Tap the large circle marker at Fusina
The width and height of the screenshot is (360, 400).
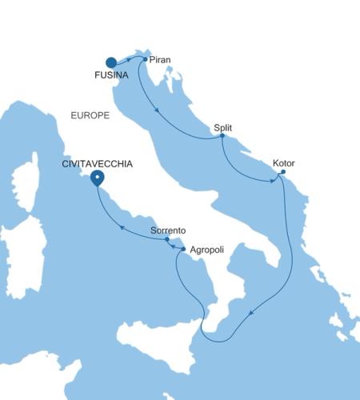pyautogui.click(x=111, y=62)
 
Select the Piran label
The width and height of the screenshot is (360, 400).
pyautogui.click(x=159, y=58)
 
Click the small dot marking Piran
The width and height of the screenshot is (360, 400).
pyautogui.click(x=145, y=58)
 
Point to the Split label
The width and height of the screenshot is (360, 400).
pyautogui.click(x=224, y=127)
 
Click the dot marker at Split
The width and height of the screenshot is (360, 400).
pyautogui.click(x=222, y=136)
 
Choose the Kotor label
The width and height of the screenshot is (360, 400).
pyautogui.click(x=283, y=162)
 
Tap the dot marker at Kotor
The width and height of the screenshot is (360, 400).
pyautogui.click(x=283, y=171)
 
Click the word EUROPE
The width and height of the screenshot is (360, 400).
pyautogui.click(x=90, y=116)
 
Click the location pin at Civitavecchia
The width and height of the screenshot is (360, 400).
pyautogui.click(x=97, y=178)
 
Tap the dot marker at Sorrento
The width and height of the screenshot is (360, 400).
pyautogui.click(x=166, y=239)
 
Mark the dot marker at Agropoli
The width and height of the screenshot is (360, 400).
pyautogui.click(x=184, y=250)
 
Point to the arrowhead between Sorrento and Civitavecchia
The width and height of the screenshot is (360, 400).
pyautogui.click(x=122, y=226)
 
